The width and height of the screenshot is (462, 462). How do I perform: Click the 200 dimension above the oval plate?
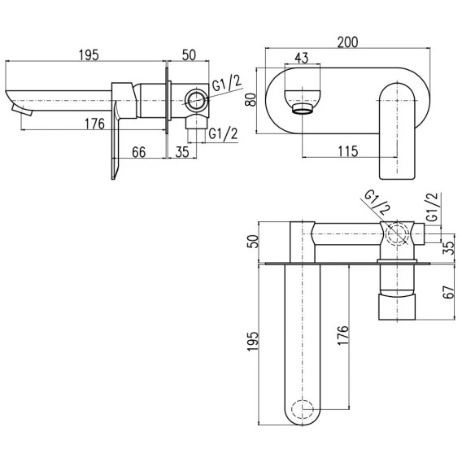(347, 42)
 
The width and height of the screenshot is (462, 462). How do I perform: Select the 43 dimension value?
(302, 58)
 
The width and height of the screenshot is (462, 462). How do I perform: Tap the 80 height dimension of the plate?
(251, 99)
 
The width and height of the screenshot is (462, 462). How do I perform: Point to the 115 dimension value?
(347, 151)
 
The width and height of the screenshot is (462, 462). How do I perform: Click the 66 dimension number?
(139, 152)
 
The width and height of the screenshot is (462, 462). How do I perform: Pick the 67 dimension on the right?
(449, 292)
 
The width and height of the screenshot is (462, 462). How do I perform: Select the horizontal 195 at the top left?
(89, 55)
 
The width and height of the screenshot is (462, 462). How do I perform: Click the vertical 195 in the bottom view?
(252, 342)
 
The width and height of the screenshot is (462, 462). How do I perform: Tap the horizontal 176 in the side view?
(94, 124)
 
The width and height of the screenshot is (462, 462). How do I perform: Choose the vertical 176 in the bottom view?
(343, 336)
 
